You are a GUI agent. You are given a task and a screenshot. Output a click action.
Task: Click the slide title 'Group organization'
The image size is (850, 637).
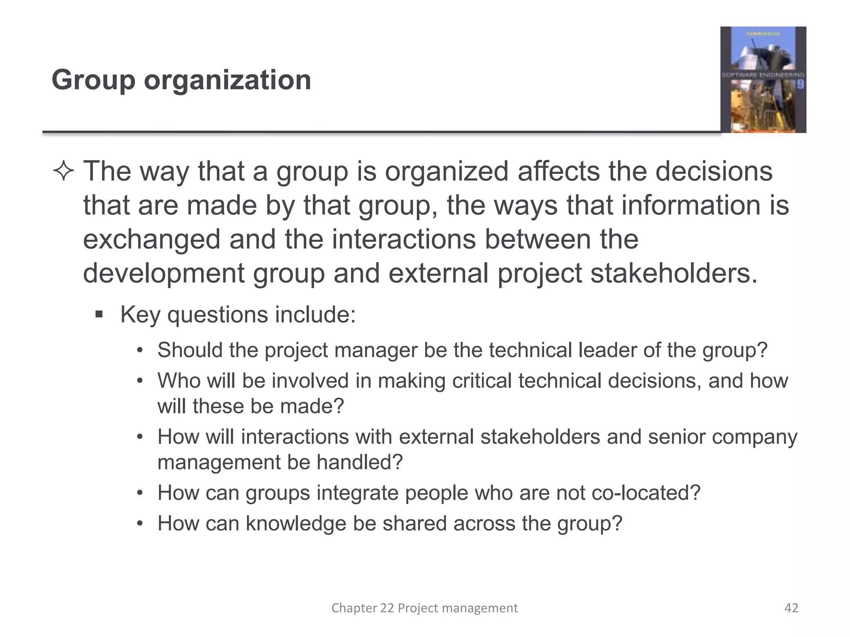click(x=181, y=80)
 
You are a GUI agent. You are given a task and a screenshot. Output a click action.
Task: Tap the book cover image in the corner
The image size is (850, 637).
click(x=763, y=80)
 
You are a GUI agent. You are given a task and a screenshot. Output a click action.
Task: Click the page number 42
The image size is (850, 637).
click(x=791, y=608)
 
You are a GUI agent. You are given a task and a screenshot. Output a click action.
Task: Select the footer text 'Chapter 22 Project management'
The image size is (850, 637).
click(x=425, y=608)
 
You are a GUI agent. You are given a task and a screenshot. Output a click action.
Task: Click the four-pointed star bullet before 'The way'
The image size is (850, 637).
click(x=64, y=172)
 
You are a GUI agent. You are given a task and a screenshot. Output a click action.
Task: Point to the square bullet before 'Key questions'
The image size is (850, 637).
click(x=99, y=314)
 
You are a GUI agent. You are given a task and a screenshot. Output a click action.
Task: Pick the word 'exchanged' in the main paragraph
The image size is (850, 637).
click(x=151, y=240)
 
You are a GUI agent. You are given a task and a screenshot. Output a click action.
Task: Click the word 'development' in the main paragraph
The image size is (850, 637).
click(x=164, y=274)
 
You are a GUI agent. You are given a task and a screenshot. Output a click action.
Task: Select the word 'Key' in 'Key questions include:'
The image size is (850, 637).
click(x=140, y=314)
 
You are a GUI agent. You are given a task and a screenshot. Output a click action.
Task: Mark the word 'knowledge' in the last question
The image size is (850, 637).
click(x=296, y=523)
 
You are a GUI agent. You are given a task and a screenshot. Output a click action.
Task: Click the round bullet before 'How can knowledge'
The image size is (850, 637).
click(x=140, y=524)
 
